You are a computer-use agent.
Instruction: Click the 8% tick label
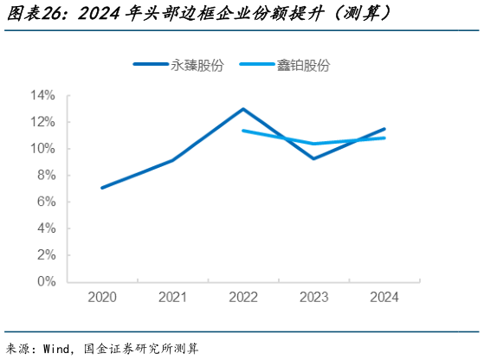point(47,176)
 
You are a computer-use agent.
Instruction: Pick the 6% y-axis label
point(47,202)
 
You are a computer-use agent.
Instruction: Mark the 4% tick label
point(47,228)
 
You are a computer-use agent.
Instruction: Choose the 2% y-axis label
point(47,255)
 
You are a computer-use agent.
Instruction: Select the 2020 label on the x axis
point(102,298)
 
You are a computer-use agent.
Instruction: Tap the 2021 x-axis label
point(173,298)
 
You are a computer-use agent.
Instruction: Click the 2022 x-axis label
point(243,298)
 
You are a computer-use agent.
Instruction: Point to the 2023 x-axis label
point(314,298)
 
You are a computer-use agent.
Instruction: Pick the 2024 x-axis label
point(384,298)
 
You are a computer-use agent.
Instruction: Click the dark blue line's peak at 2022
point(243,109)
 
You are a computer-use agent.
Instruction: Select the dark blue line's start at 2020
point(102,188)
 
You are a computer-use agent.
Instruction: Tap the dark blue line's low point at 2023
point(314,158)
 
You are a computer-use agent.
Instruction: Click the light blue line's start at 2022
point(243,131)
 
